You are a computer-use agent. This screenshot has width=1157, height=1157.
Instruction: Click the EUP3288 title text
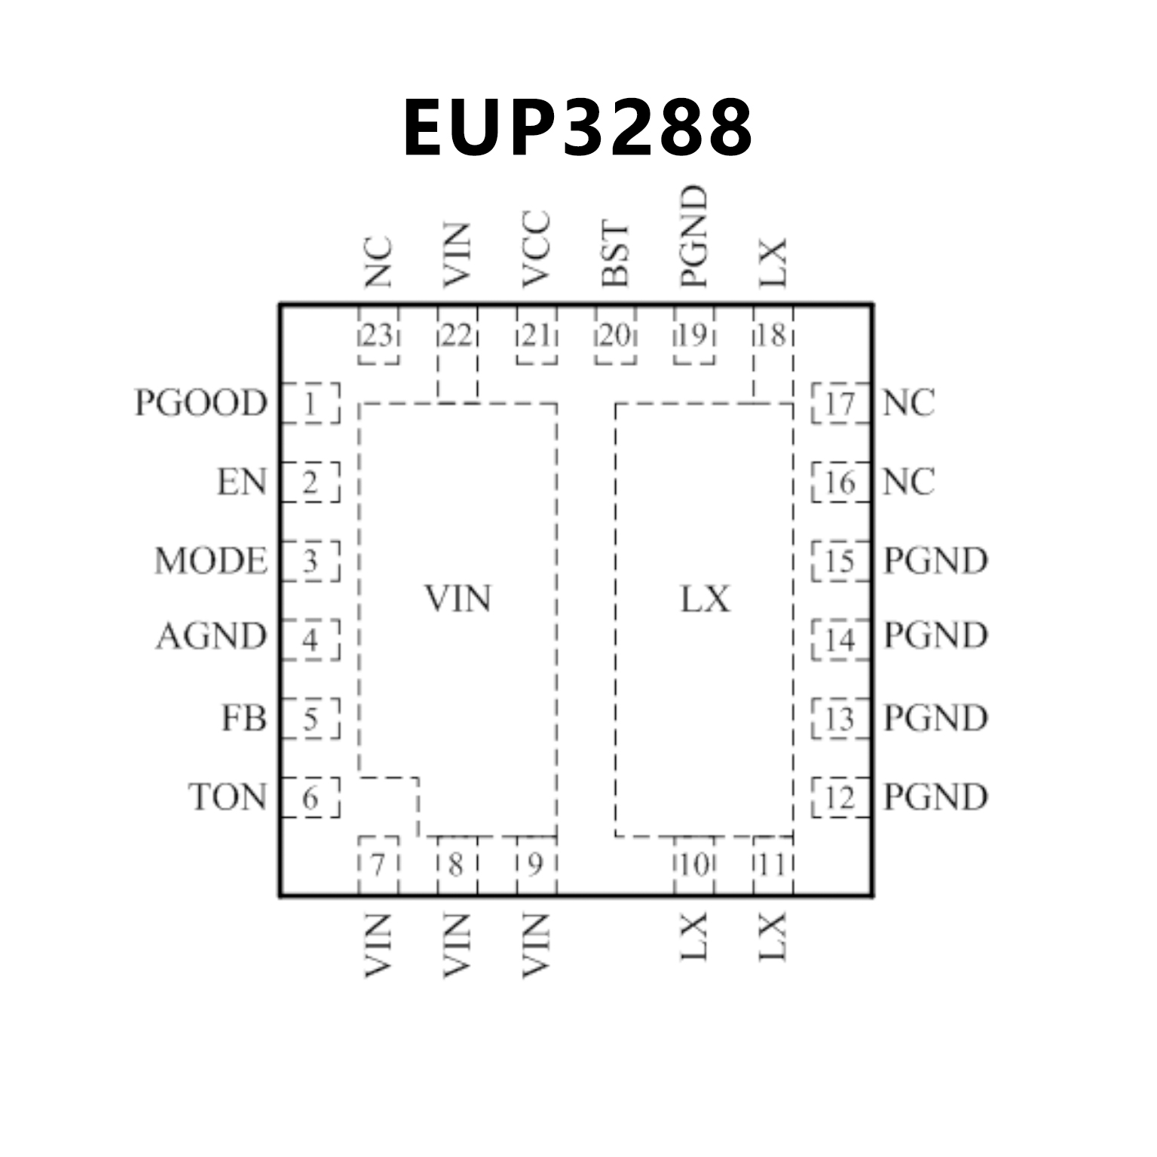click(x=578, y=128)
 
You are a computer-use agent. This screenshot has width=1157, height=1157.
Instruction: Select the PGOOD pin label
click(x=200, y=403)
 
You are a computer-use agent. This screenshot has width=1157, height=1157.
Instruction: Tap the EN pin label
click(x=242, y=482)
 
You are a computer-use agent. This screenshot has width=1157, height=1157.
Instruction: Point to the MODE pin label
click(x=211, y=562)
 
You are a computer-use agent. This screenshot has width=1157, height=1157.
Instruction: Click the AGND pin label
click(x=211, y=637)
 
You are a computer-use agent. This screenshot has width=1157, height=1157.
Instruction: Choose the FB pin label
click(x=243, y=718)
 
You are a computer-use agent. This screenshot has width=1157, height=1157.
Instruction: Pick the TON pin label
click(x=228, y=797)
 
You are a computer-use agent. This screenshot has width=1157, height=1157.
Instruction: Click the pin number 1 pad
click(x=311, y=404)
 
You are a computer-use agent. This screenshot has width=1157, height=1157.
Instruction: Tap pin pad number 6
click(x=311, y=797)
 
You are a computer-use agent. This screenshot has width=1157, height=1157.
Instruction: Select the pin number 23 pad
click(x=378, y=335)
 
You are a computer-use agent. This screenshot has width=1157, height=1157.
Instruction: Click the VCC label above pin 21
click(x=536, y=250)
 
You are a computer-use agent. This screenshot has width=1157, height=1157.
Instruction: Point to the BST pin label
click(x=615, y=255)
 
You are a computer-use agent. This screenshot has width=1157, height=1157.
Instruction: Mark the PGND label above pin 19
click(x=693, y=237)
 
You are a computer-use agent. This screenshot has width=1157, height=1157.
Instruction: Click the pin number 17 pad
click(x=840, y=404)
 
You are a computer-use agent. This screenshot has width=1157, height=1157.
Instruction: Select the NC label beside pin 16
click(x=908, y=482)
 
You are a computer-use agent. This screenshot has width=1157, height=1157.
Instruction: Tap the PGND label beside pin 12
click(x=935, y=797)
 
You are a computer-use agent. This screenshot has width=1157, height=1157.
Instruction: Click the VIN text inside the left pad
click(x=458, y=599)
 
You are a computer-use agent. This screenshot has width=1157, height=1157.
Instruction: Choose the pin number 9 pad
click(x=536, y=865)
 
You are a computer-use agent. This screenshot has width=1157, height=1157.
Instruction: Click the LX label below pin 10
click(x=693, y=937)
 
